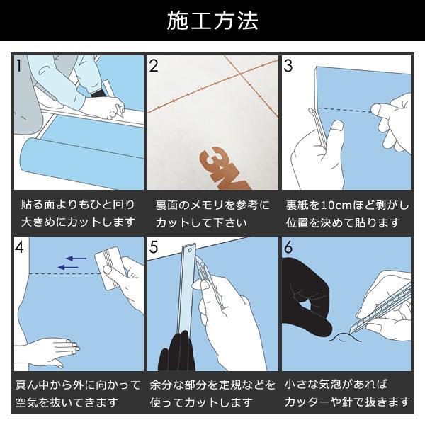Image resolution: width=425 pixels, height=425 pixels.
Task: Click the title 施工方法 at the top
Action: point(212,21)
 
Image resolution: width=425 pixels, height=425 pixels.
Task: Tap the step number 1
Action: point(18,66)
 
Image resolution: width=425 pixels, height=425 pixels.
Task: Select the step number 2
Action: point(154,66)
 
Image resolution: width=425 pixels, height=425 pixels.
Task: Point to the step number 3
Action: point(288,66)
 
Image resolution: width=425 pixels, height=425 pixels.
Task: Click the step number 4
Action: point(20,247)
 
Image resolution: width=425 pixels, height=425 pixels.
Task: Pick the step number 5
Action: point(154,247)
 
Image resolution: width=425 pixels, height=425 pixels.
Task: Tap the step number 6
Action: point(288,247)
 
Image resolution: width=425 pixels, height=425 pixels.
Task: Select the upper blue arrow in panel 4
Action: point(76,259)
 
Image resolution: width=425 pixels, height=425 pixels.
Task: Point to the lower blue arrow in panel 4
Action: point(68,268)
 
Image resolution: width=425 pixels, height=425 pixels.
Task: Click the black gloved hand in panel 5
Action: point(176,352)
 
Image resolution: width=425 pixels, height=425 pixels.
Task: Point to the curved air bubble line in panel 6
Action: point(345,337)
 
